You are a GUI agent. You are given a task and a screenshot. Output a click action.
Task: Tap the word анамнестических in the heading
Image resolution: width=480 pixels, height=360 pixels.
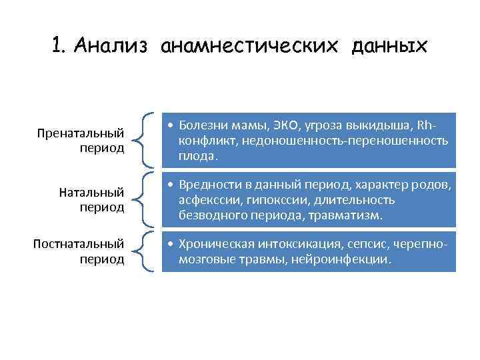click(x=253, y=46)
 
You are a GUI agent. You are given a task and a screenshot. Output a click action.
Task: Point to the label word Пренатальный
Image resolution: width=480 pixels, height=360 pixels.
click(x=81, y=133)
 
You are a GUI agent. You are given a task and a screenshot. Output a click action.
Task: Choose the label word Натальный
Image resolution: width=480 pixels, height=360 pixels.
click(x=91, y=193)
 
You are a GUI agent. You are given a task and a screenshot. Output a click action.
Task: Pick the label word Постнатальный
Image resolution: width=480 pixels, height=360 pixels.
click(x=79, y=244)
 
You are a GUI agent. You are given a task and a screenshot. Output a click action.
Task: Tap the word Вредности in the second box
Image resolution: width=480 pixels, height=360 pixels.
click(x=207, y=185)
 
